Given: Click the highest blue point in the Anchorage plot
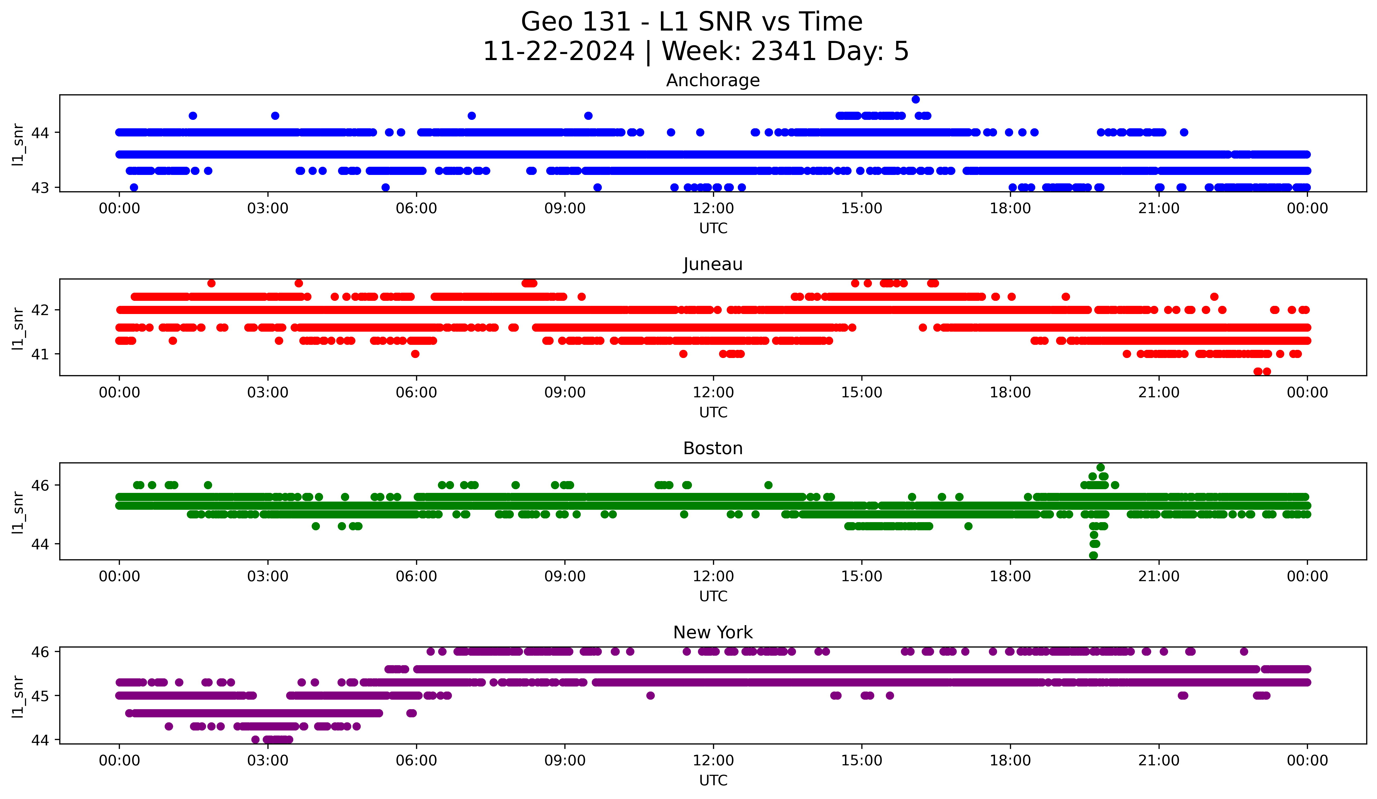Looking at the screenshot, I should click(916, 99).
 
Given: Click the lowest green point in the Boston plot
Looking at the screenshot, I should click(1093, 555).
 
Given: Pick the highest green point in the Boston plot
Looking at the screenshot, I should click(1101, 468).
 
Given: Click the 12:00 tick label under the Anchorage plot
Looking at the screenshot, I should click(713, 209).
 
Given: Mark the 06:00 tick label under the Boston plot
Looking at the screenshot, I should click(416, 577).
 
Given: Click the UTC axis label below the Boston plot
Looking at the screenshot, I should click(713, 596).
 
